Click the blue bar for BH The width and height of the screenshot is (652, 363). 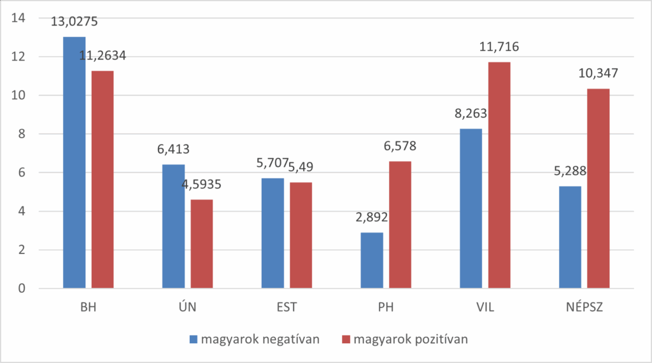tap(74, 162)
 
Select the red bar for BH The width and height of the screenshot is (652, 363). tap(103, 180)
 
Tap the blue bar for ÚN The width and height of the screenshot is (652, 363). tap(173, 226)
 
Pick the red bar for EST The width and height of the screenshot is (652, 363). tap(301, 235)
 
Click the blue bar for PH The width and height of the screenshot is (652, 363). tap(372, 260)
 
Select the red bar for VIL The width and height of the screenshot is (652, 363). tap(499, 175)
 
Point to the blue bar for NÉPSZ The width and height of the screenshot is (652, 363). tap(570, 237)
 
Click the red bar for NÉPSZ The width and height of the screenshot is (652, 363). tap(599, 189)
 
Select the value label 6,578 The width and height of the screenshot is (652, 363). tap(400, 146)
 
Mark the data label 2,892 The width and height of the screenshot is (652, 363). tap(371, 218)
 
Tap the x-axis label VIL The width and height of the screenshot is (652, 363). tap(485, 308)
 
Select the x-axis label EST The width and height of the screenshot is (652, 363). tap(287, 308)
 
